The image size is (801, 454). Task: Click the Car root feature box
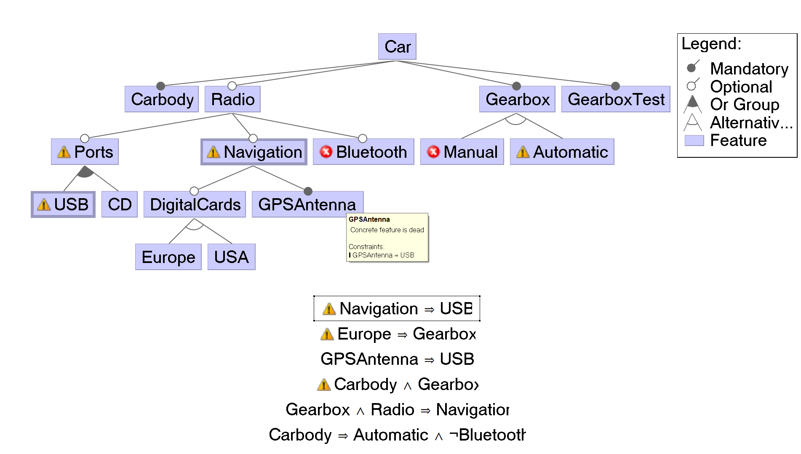coord(397,46)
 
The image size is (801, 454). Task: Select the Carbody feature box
coord(162,99)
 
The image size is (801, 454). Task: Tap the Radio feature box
coord(232,99)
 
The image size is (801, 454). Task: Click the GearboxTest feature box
coord(616,99)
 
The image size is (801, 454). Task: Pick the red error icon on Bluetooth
coord(326,151)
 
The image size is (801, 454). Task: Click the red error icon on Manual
coord(433,151)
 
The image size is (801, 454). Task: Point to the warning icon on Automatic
coord(523,151)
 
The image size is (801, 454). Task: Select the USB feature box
coord(63,204)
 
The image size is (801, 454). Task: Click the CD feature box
coord(120,204)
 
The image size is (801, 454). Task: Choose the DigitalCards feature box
coord(195,204)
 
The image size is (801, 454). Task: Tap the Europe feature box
coord(168,257)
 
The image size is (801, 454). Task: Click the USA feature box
coord(232,257)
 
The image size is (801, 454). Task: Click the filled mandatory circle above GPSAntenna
coord(308,191)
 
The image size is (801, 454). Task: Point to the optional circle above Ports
coord(85,138)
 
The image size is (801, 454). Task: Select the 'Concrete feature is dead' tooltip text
coord(387,230)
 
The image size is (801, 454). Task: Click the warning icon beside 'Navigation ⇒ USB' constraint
coord(329,309)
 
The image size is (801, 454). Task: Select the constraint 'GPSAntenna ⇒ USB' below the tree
coord(397,359)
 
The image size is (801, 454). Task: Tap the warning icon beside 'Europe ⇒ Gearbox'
coord(327,334)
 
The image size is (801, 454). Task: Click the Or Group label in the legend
coord(745,104)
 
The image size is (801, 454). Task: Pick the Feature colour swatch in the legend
coord(694,140)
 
